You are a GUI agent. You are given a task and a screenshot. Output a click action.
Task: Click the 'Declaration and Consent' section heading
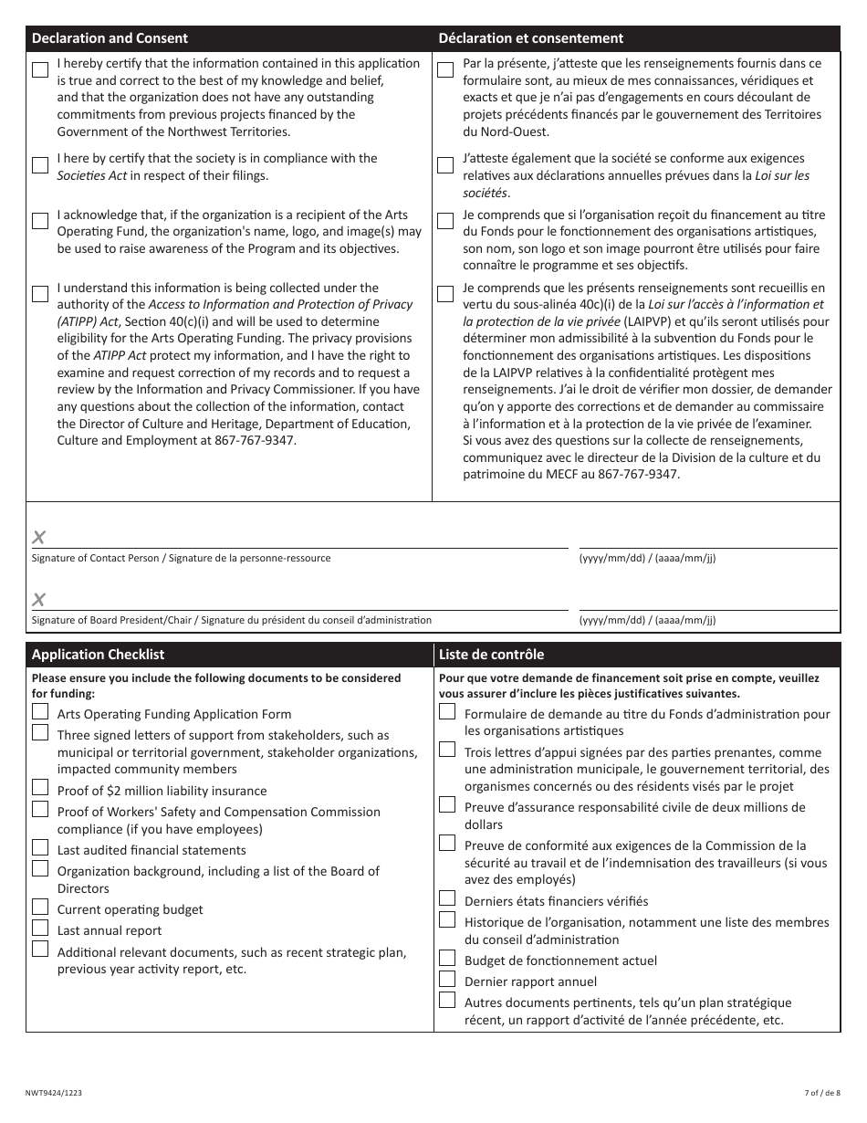(110, 38)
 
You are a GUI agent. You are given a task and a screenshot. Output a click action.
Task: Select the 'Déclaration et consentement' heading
(531, 38)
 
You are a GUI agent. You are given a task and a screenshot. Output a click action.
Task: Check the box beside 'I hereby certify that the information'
(40, 70)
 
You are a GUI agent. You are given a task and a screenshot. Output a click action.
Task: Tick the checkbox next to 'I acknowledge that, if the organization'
(40, 221)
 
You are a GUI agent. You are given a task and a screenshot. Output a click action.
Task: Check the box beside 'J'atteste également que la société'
(445, 165)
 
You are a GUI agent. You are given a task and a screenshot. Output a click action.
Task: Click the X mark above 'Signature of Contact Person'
(39, 537)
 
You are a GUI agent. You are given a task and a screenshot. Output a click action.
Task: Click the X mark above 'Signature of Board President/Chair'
(39, 600)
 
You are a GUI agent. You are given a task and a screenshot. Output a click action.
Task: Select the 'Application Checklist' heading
(99, 655)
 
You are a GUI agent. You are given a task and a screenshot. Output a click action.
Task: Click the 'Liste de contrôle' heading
(491, 655)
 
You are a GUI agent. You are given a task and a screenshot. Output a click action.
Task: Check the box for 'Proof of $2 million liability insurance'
(40, 788)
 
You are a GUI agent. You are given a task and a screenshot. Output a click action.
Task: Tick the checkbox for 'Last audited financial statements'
(40, 847)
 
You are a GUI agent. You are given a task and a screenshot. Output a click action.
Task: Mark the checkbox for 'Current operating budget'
(40, 907)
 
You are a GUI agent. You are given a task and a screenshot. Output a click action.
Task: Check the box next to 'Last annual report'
(40, 928)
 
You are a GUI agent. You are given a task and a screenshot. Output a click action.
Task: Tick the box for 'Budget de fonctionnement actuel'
(447, 958)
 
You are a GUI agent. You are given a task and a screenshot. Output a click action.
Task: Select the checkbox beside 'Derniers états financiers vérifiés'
(447, 898)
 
